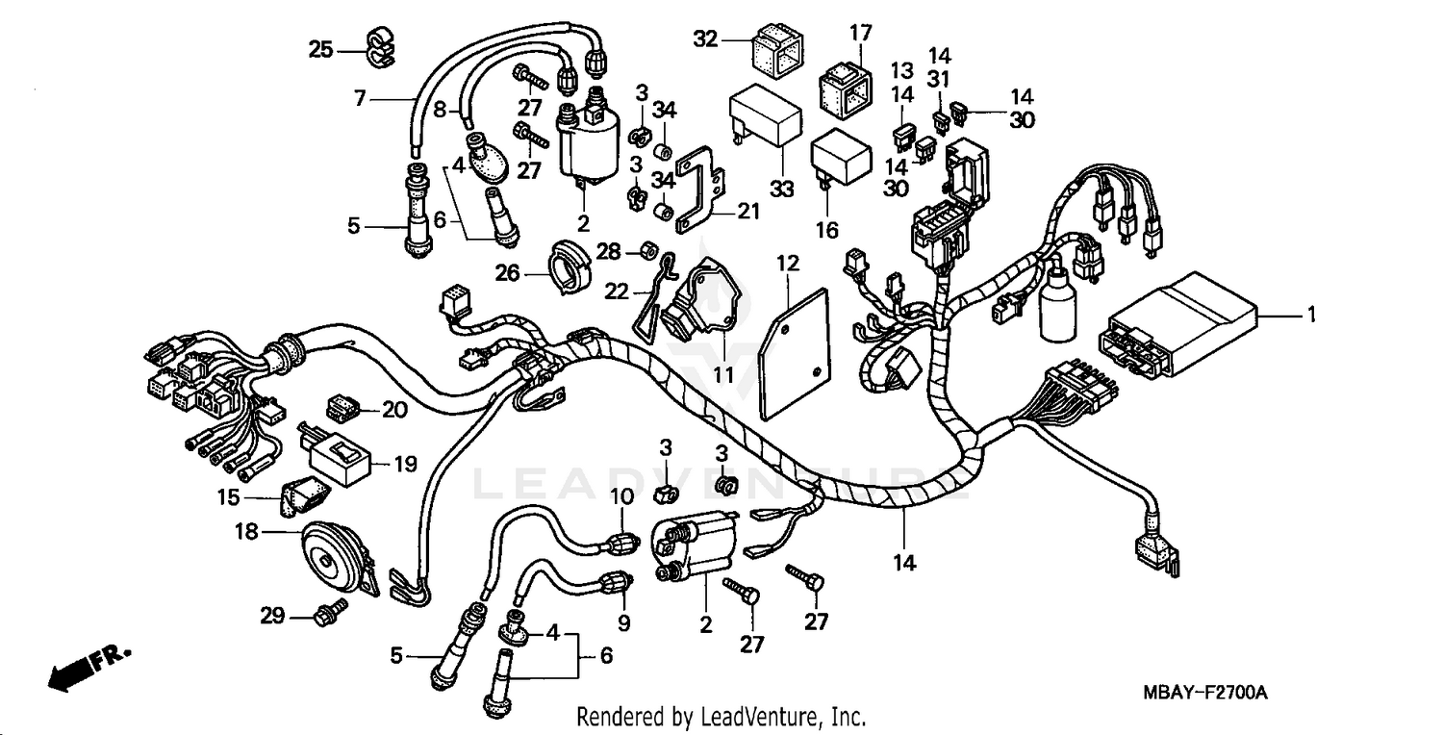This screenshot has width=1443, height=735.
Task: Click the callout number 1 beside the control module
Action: click(1309, 315)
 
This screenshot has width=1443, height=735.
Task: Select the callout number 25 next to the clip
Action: click(319, 48)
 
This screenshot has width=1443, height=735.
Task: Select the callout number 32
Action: click(705, 39)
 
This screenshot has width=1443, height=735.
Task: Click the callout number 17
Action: click(859, 33)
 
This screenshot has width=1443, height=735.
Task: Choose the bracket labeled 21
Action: click(706, 186)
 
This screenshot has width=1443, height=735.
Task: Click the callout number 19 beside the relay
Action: click(405, 464)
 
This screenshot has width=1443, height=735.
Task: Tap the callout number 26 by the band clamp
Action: click(508, 274)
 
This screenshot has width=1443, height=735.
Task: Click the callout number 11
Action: click(722, 373)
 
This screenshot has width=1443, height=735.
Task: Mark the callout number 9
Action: click(623, 623)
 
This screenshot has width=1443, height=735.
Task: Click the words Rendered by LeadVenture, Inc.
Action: click(721, 717)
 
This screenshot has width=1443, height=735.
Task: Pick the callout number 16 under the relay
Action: click(827, 230)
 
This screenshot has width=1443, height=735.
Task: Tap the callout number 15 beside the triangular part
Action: click(228, 497)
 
